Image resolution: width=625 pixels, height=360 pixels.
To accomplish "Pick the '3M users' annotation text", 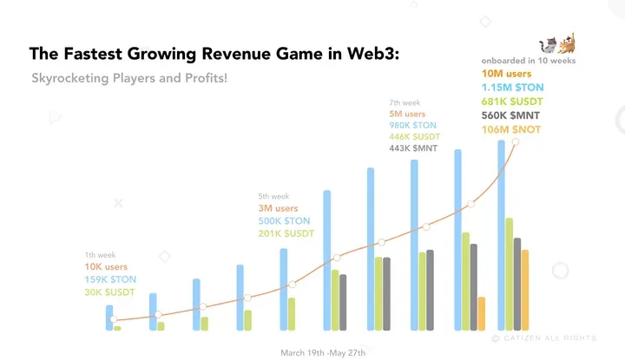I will [x=278, y=209].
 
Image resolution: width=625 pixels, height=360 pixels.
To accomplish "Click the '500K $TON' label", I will [x=284, y=221].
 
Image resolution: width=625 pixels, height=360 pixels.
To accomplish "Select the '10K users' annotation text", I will [x=106, y=267].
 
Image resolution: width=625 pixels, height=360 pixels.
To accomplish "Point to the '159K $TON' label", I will [x=110, y=279].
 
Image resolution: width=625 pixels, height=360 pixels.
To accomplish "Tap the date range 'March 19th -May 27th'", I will [x=323, y=353].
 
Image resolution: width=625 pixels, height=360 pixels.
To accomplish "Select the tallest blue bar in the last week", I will [x=501, y=235].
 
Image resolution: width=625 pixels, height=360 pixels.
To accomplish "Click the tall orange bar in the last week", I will [x=524, y=290].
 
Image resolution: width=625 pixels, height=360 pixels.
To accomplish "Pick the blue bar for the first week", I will [x=109, y=317].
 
